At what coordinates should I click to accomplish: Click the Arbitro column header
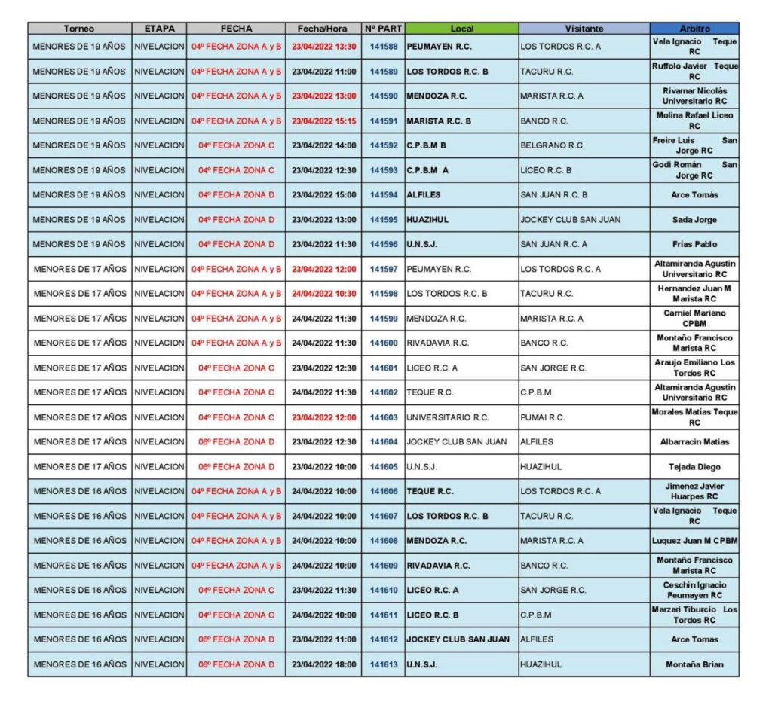pos(694,29)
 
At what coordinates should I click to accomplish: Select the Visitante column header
pos(584,29)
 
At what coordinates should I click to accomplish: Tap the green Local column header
pos(461,29)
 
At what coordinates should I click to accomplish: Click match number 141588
pos(383,47)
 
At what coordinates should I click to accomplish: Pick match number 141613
pos(383,664)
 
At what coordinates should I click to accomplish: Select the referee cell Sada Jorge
pos(694,220)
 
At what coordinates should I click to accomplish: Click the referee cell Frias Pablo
pos(694,244)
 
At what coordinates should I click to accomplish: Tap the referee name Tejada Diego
pos(694,467)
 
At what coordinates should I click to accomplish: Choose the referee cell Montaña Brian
pos(694,664)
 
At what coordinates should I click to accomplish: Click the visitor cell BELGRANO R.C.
pos(553,145)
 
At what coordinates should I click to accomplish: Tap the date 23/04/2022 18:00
pos(324,664)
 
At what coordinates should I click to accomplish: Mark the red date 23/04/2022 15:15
pos(324,121)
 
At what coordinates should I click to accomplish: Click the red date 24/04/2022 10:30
pos(324,294)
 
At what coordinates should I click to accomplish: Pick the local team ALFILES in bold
pos(424,195)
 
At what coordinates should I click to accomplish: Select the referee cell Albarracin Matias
pos(694,442)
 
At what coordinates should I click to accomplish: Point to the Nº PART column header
pos(383,29)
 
